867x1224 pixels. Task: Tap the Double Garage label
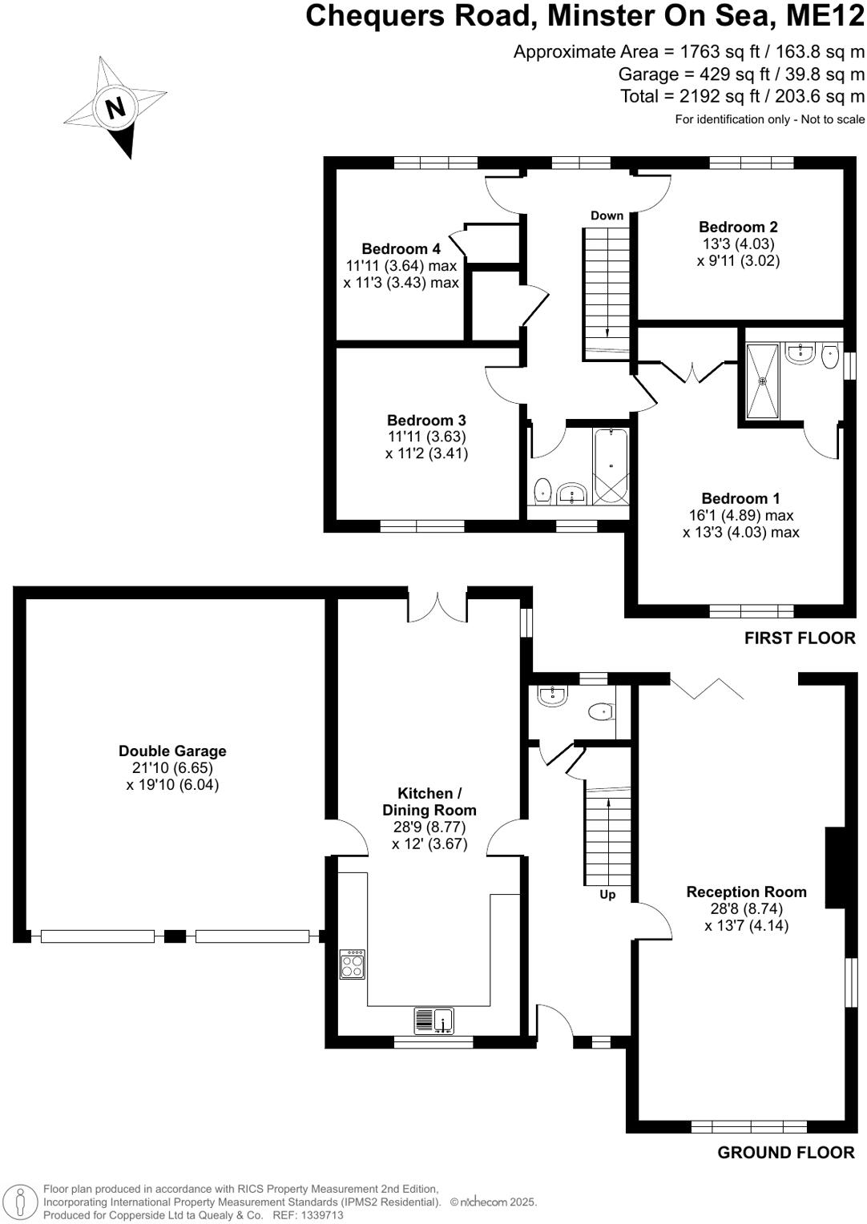tap(172, 751)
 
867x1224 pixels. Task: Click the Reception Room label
tap(746, 892)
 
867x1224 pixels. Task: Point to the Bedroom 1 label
tap(740, 498)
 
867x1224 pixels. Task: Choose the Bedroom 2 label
tap(738, 227)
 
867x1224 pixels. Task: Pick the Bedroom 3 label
tap(426, 420)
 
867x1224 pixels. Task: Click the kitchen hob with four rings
tap(353, 964)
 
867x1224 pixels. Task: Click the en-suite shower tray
tap(762, 381)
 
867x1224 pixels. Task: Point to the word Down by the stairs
tap(607, 215)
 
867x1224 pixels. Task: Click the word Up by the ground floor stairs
tap(607, 894)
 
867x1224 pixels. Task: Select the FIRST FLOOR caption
tap(799, 638)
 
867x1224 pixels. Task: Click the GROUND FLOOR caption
tap(785, 1152)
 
